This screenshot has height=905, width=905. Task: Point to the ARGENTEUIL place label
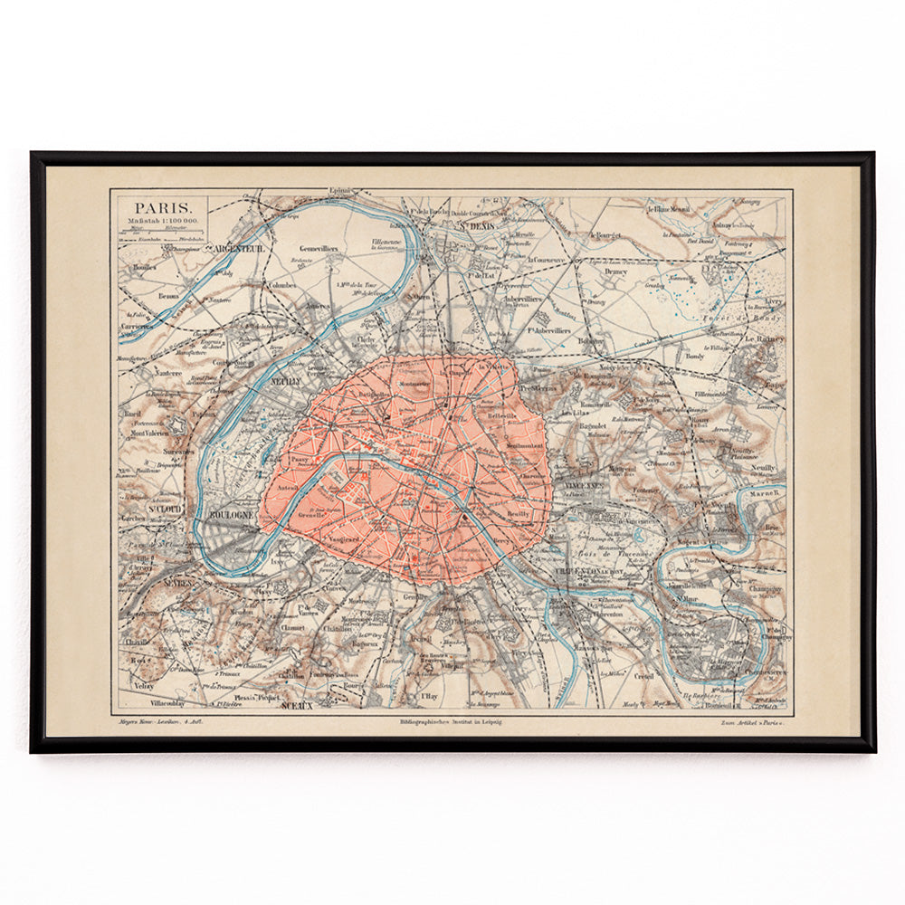pyautogui.click(x=234, y=248)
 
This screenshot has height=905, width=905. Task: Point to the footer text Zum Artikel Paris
pyautogui.click(x=752, y=722)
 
